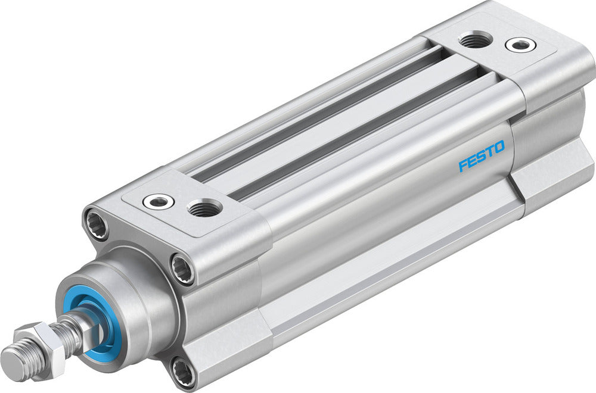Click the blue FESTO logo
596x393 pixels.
click(x=482, y=156)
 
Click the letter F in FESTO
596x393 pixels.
click(x=462, y=166)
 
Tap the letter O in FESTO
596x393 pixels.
click(x=499, y=147)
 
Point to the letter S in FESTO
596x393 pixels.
click(x=481, y=157)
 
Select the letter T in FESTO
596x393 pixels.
click(x=490, y=151)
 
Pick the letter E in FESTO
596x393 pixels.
click(x=471, y=161)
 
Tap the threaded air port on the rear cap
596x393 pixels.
click(x=476, y=40)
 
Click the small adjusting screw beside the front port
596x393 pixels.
click(x=159, y=201)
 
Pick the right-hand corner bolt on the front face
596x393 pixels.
click(x=183, y=269)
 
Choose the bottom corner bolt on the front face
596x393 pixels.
click(x=182, y=373)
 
